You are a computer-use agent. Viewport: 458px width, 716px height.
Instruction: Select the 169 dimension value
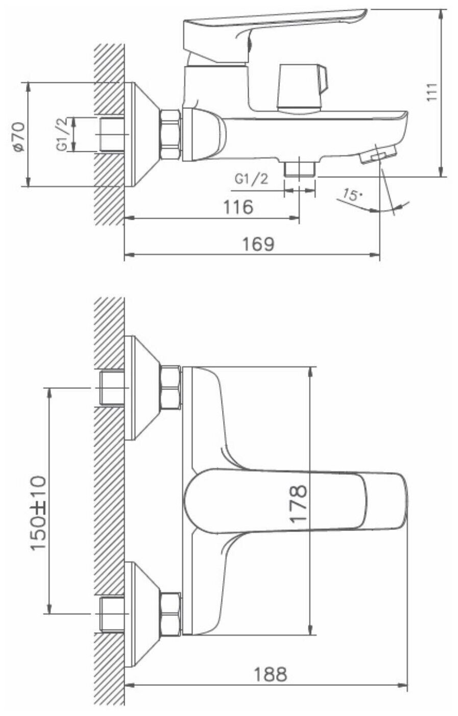(x=258, y=244)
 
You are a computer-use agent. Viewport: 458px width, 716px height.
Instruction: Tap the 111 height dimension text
(x=432, y=91)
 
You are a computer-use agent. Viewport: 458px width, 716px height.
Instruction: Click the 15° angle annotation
(x=351, y=195)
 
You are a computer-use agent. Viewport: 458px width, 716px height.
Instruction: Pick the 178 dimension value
(x=298, y=503)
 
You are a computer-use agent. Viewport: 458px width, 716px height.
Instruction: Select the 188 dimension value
(x=270, y=674)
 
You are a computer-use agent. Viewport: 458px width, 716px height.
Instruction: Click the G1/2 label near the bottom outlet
(x=251, y=179)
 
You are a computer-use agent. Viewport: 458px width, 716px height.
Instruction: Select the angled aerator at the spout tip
(x=378, y=153)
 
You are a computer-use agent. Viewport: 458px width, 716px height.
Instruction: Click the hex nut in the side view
(x=171, y=134)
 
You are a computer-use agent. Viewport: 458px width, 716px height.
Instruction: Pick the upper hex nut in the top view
(x=171, y=387)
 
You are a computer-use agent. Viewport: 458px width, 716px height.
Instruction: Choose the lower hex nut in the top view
(x=171, y=614)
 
